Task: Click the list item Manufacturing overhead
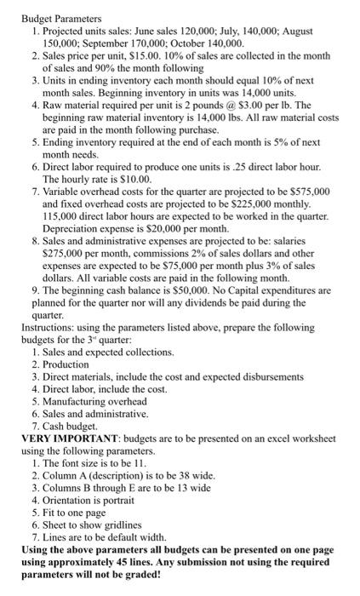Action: pyautogui.click(x=94, y=400)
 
